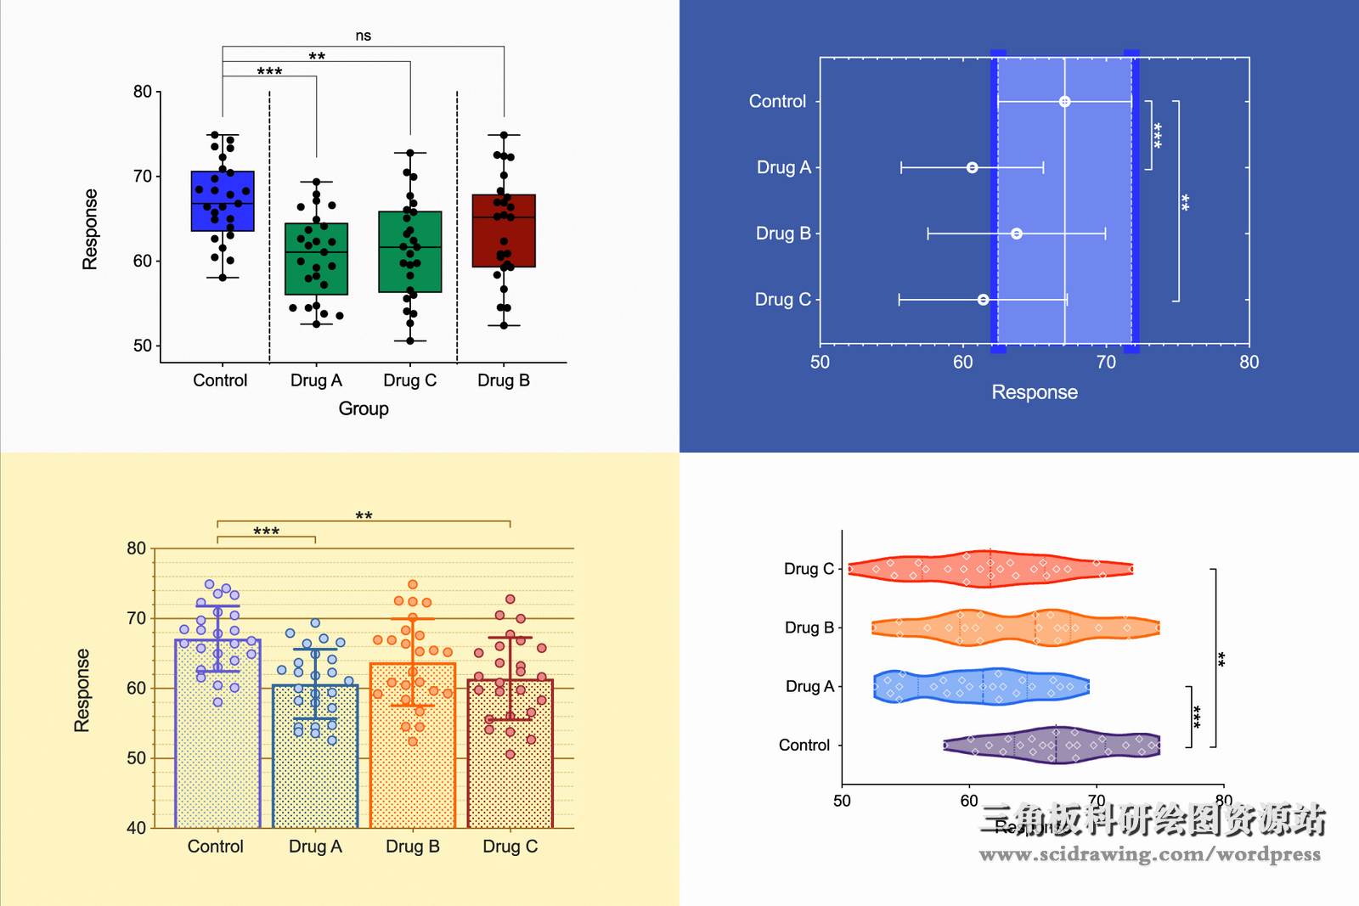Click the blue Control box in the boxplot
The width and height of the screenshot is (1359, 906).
click(223, 201)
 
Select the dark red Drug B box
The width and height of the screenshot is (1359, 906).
click(504, 231)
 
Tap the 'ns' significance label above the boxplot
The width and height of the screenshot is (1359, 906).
click(363, 36)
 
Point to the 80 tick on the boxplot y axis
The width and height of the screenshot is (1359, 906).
click(143, 92)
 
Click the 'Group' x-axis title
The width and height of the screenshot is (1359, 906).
click(364, 408)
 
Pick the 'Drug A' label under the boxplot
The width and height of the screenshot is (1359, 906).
click(316, 380)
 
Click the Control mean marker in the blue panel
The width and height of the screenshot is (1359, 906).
click(1064, 102)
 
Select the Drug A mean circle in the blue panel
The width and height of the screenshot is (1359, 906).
click(972, 168)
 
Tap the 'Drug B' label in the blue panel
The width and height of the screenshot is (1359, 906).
click(783, 234)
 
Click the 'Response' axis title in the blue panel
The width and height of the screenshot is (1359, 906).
click(1035, 392)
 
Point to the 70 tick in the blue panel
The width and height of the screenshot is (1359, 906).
click(1106, 363)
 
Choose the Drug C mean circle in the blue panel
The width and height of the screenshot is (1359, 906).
click(983, 300)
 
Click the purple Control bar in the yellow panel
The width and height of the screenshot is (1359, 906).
click(217, 747)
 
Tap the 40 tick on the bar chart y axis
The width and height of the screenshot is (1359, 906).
click(136, 828)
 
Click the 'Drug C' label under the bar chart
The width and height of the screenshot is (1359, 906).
click(510, 847)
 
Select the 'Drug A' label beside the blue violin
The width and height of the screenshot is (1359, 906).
click(809, 686)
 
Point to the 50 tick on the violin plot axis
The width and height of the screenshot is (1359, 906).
click(842, 801)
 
